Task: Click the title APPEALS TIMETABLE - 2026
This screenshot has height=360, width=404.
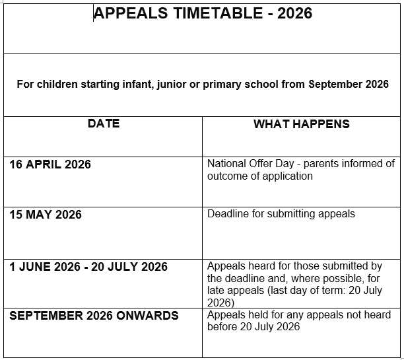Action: point(203,14)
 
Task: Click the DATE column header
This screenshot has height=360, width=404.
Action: point(104,124)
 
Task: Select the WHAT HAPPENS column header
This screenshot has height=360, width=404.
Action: point(302,124)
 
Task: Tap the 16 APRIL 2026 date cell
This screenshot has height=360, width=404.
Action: point(50,164)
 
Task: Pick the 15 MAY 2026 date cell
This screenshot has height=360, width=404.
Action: point(46,215)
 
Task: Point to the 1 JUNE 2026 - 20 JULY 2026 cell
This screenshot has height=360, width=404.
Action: point(88,267)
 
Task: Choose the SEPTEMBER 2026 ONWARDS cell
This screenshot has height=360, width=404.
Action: point(94,316)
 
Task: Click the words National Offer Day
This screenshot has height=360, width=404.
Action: point(246,164)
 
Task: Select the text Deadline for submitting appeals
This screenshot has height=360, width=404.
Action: point(281,214)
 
